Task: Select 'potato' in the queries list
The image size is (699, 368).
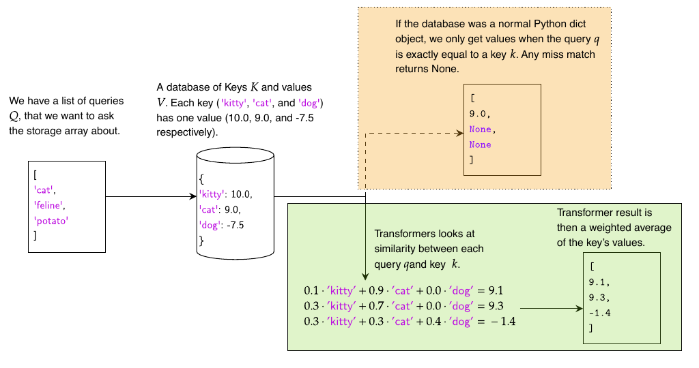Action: [x=51, y=220]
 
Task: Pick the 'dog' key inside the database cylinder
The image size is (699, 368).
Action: [x=210, y=225]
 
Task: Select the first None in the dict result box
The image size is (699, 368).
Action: [x=480, y=129]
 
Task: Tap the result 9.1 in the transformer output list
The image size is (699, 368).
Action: [x=598, y=282]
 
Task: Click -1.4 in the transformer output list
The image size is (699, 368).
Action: [x=600, y=313]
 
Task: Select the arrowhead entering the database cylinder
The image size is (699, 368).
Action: [x=192, y=197]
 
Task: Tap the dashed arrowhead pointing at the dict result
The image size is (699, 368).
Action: [x=459, y=134]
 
